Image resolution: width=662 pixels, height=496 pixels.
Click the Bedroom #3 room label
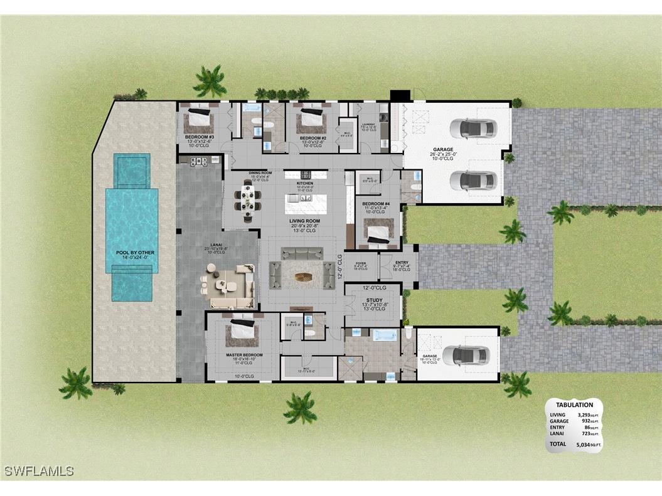pyautogui.click(x=200, y=137)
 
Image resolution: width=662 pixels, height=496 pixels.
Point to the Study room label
pyautogui.click(x=374, y=300)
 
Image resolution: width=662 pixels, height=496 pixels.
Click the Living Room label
pyautogui.click(x=305, y=221)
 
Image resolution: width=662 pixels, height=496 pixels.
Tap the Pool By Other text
pyautogui.click(x=135, y=253)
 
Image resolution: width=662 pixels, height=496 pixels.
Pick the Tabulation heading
pyautogui.click(x=574, y=405)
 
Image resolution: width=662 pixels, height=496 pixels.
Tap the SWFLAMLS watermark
pyautogui.click(x=39, y=471)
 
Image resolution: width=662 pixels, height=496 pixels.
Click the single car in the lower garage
pyautogui.click(x=469, y=356)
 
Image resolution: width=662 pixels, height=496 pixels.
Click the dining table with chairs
pyautogui.click(x=249, y=199)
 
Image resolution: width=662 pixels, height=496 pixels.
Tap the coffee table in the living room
pyautogui.click(x=302, y=277)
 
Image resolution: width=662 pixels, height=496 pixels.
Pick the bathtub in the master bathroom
pyautogui.click(x=384, y=335)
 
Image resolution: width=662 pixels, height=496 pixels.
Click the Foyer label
pyautogui.click(x=361, y=263)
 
